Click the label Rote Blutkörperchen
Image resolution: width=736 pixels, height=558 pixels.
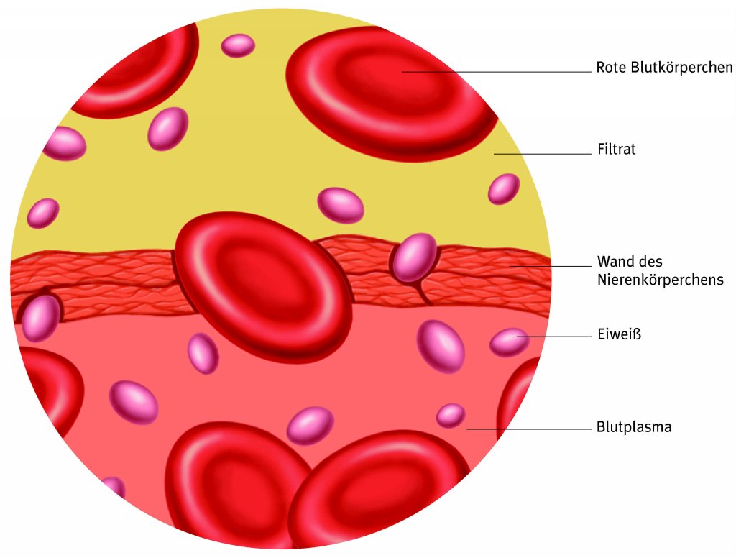[x=664, y=68]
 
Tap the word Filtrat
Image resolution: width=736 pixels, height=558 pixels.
[x=616, y=150]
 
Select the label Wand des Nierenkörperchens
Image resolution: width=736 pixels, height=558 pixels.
[x=660, y=270]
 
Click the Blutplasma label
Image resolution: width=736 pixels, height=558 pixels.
[x=634, y=427]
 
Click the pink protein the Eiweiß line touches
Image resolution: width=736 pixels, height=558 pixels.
[x=510, y=342]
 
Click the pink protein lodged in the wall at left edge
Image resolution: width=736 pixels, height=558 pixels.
[x=41, y=318]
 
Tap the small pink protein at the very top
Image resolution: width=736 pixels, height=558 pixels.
[x=238, y=45]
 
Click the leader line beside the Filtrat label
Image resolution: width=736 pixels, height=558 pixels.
[x=542, y=154]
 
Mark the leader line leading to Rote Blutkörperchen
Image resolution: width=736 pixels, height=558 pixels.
[x=496, y=71]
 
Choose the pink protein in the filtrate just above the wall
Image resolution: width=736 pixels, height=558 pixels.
[x=341, y=205]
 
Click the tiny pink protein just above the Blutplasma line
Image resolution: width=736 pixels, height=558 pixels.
[x=451, y=415]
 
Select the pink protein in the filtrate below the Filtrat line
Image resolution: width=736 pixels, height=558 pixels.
[x=504, y=188]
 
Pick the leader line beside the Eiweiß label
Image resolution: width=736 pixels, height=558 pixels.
[x=553, y=337]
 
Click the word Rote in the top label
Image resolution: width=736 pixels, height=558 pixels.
[x=610, y=68]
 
